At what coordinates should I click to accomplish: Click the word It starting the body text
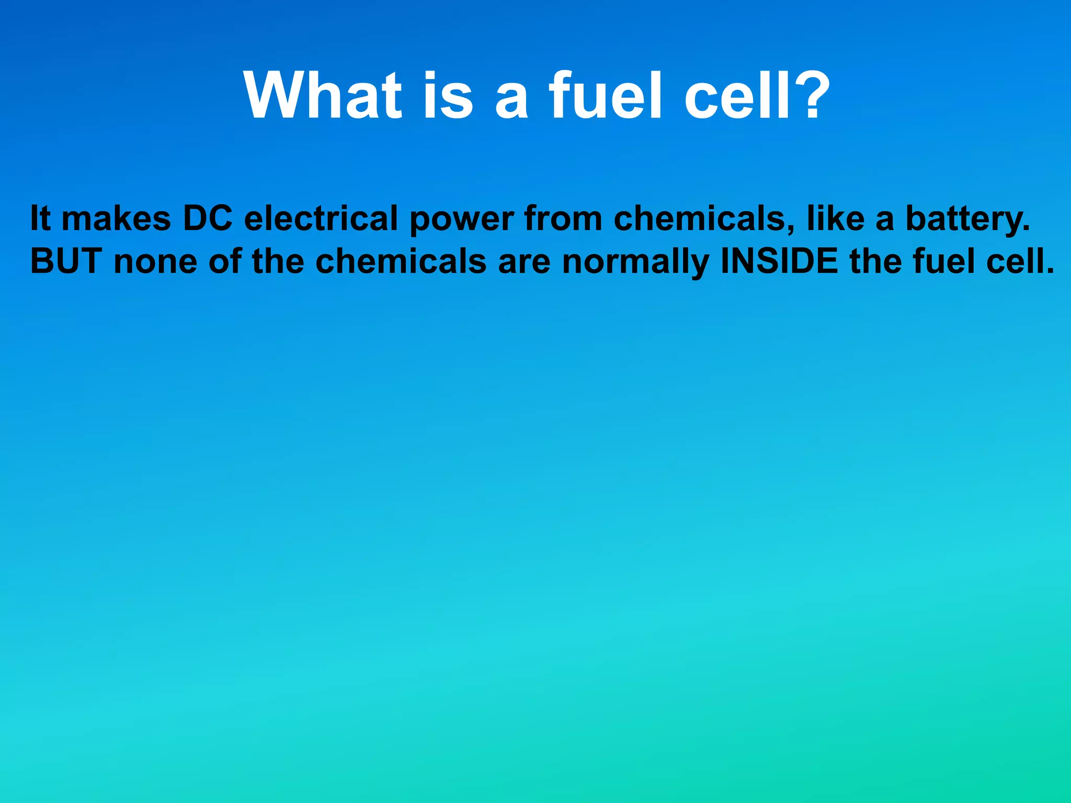click(x=40, y=218)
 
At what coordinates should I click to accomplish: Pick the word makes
click(x=116, y=218)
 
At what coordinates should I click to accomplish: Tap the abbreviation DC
click(x=207, y=218)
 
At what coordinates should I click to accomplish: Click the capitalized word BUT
click(x=66, y=261)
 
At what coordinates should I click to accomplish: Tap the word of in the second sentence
click(x=224, y=261)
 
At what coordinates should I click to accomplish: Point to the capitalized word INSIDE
click(x=779, y=261)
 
